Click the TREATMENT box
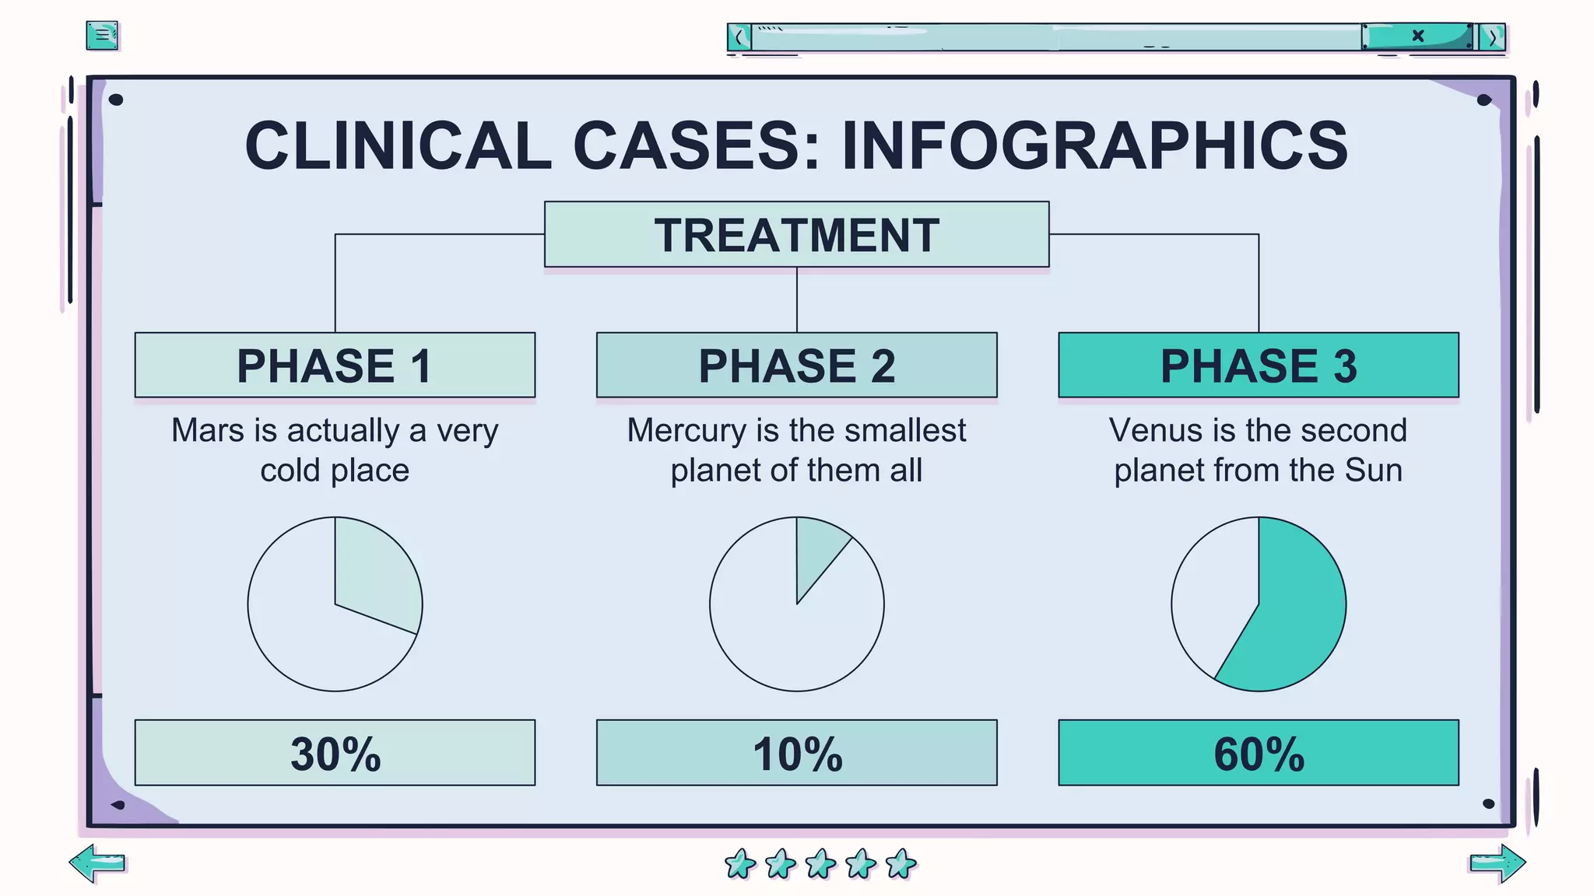click(x=796, y=234)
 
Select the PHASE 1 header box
click(x=335, y=365)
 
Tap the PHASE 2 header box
click(x=796, y=365)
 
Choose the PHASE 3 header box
click(x=1258, y=365)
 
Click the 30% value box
click(x=335, y=752)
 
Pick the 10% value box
click(x=796, y=752)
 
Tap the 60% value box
click(x=1258, y=752)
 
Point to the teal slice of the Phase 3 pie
click(x=1300, y=614)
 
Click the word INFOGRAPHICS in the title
click(x=1094, y=146)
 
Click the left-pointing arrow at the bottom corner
click(x=97, y=863)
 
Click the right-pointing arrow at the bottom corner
click(x=1497, y=863)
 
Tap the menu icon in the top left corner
click(x=102, y=35)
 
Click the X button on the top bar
click(x=1418, y=36)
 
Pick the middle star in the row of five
click(x=820, y=863)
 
